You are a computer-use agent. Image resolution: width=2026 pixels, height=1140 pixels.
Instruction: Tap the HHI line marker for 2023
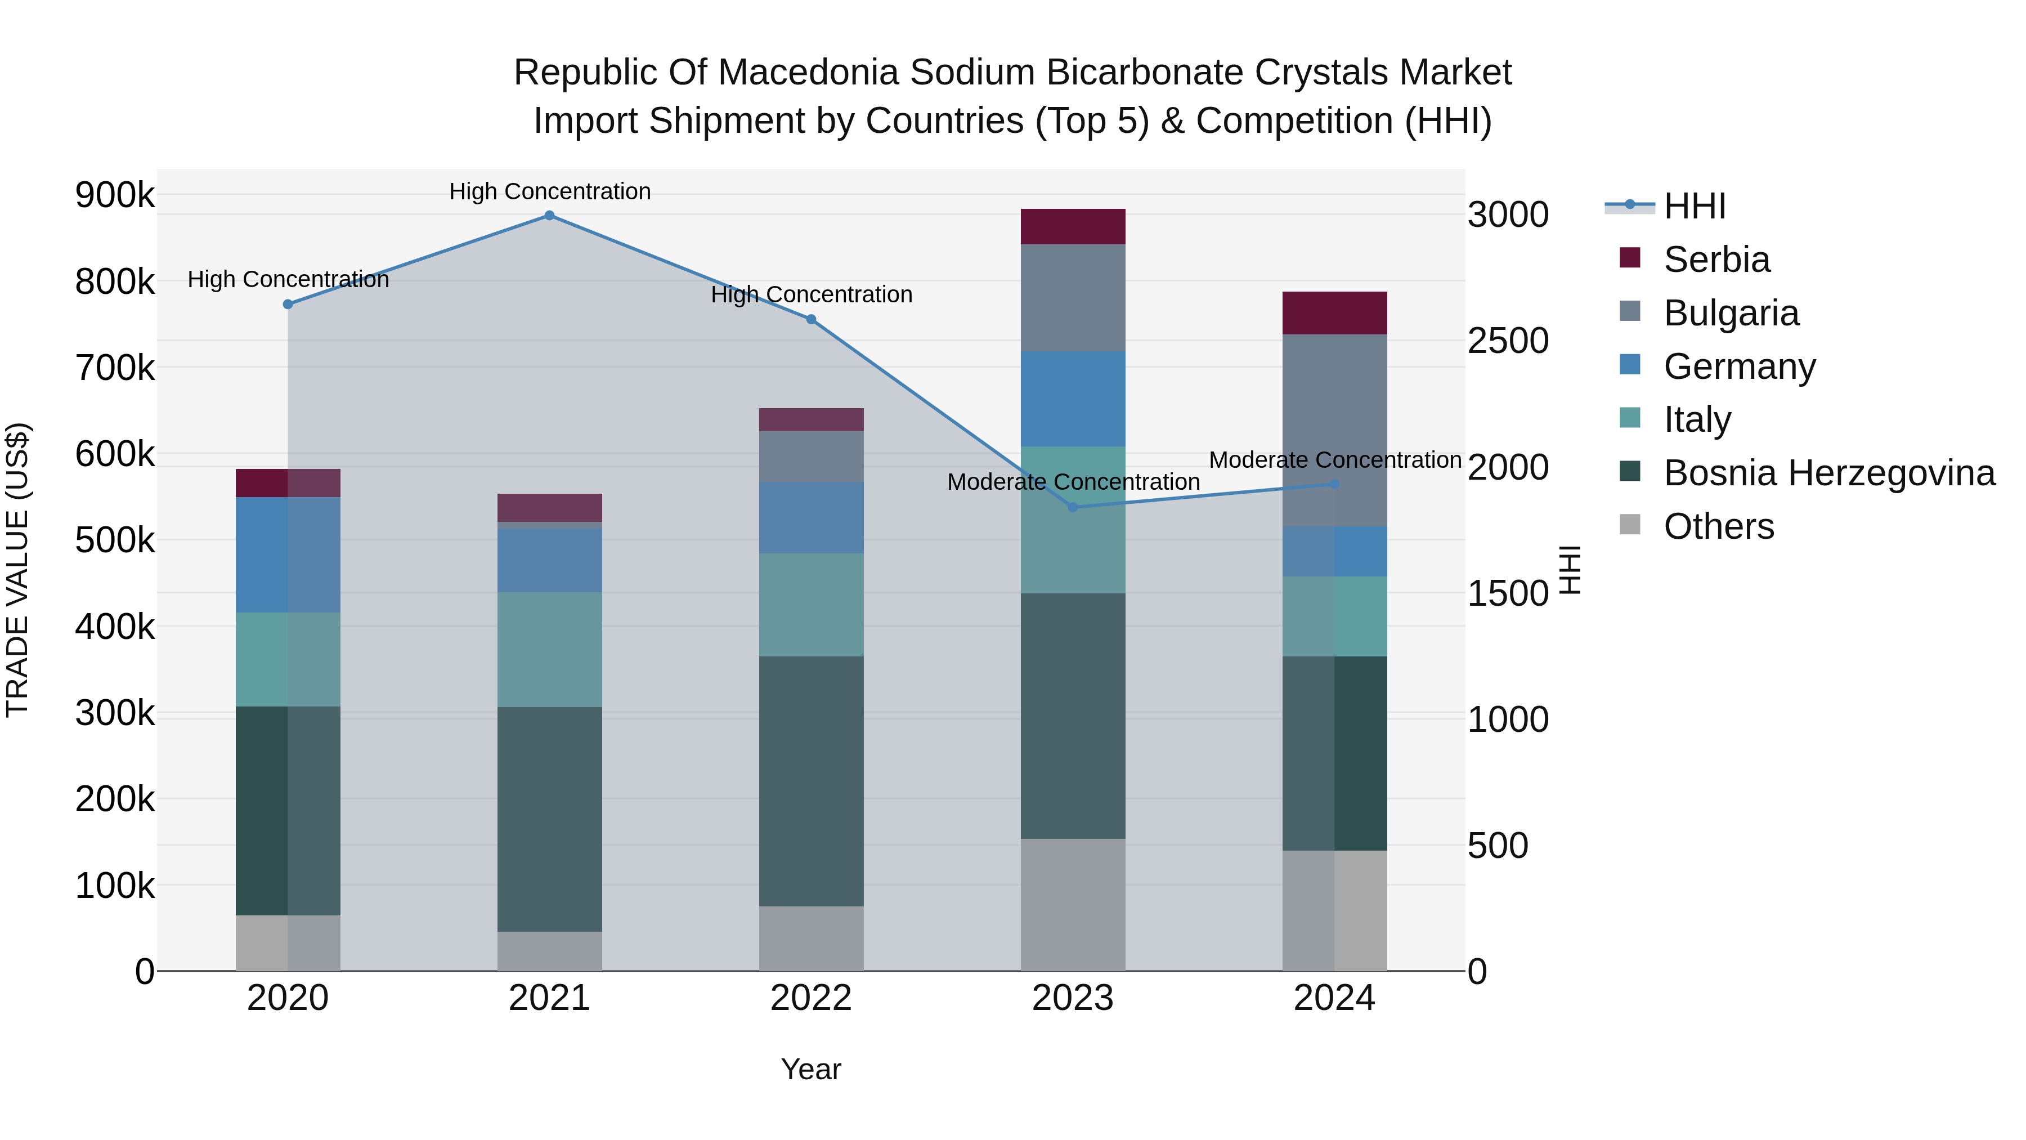(x=1073, y=507)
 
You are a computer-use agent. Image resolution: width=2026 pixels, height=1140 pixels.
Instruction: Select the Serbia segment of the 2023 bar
(x=1073, y=226)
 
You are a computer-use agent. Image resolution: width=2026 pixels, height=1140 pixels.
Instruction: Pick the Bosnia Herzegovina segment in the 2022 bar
(x=811, y=781)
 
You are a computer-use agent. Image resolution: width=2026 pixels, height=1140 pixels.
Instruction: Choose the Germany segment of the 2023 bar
(x=1073, y=399)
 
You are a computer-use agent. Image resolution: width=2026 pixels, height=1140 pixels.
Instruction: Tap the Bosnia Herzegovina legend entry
(x=1828, y=473)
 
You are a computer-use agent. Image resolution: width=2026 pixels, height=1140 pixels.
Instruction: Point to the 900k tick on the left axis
(x=115, y=195)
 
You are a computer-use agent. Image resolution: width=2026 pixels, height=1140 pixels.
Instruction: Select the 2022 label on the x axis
(x=811, y=998)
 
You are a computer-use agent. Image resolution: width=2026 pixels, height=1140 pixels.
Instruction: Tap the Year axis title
(x=811, y=1069)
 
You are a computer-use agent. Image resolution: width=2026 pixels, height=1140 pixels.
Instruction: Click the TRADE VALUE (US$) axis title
(x=17, y=570)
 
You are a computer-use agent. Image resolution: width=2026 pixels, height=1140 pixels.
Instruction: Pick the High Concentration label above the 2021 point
(x=550, y=191)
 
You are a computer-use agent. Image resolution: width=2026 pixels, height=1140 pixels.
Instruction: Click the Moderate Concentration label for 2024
(x=1335, y=461)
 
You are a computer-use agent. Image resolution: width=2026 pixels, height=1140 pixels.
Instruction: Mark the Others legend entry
(x=1719, y=526)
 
